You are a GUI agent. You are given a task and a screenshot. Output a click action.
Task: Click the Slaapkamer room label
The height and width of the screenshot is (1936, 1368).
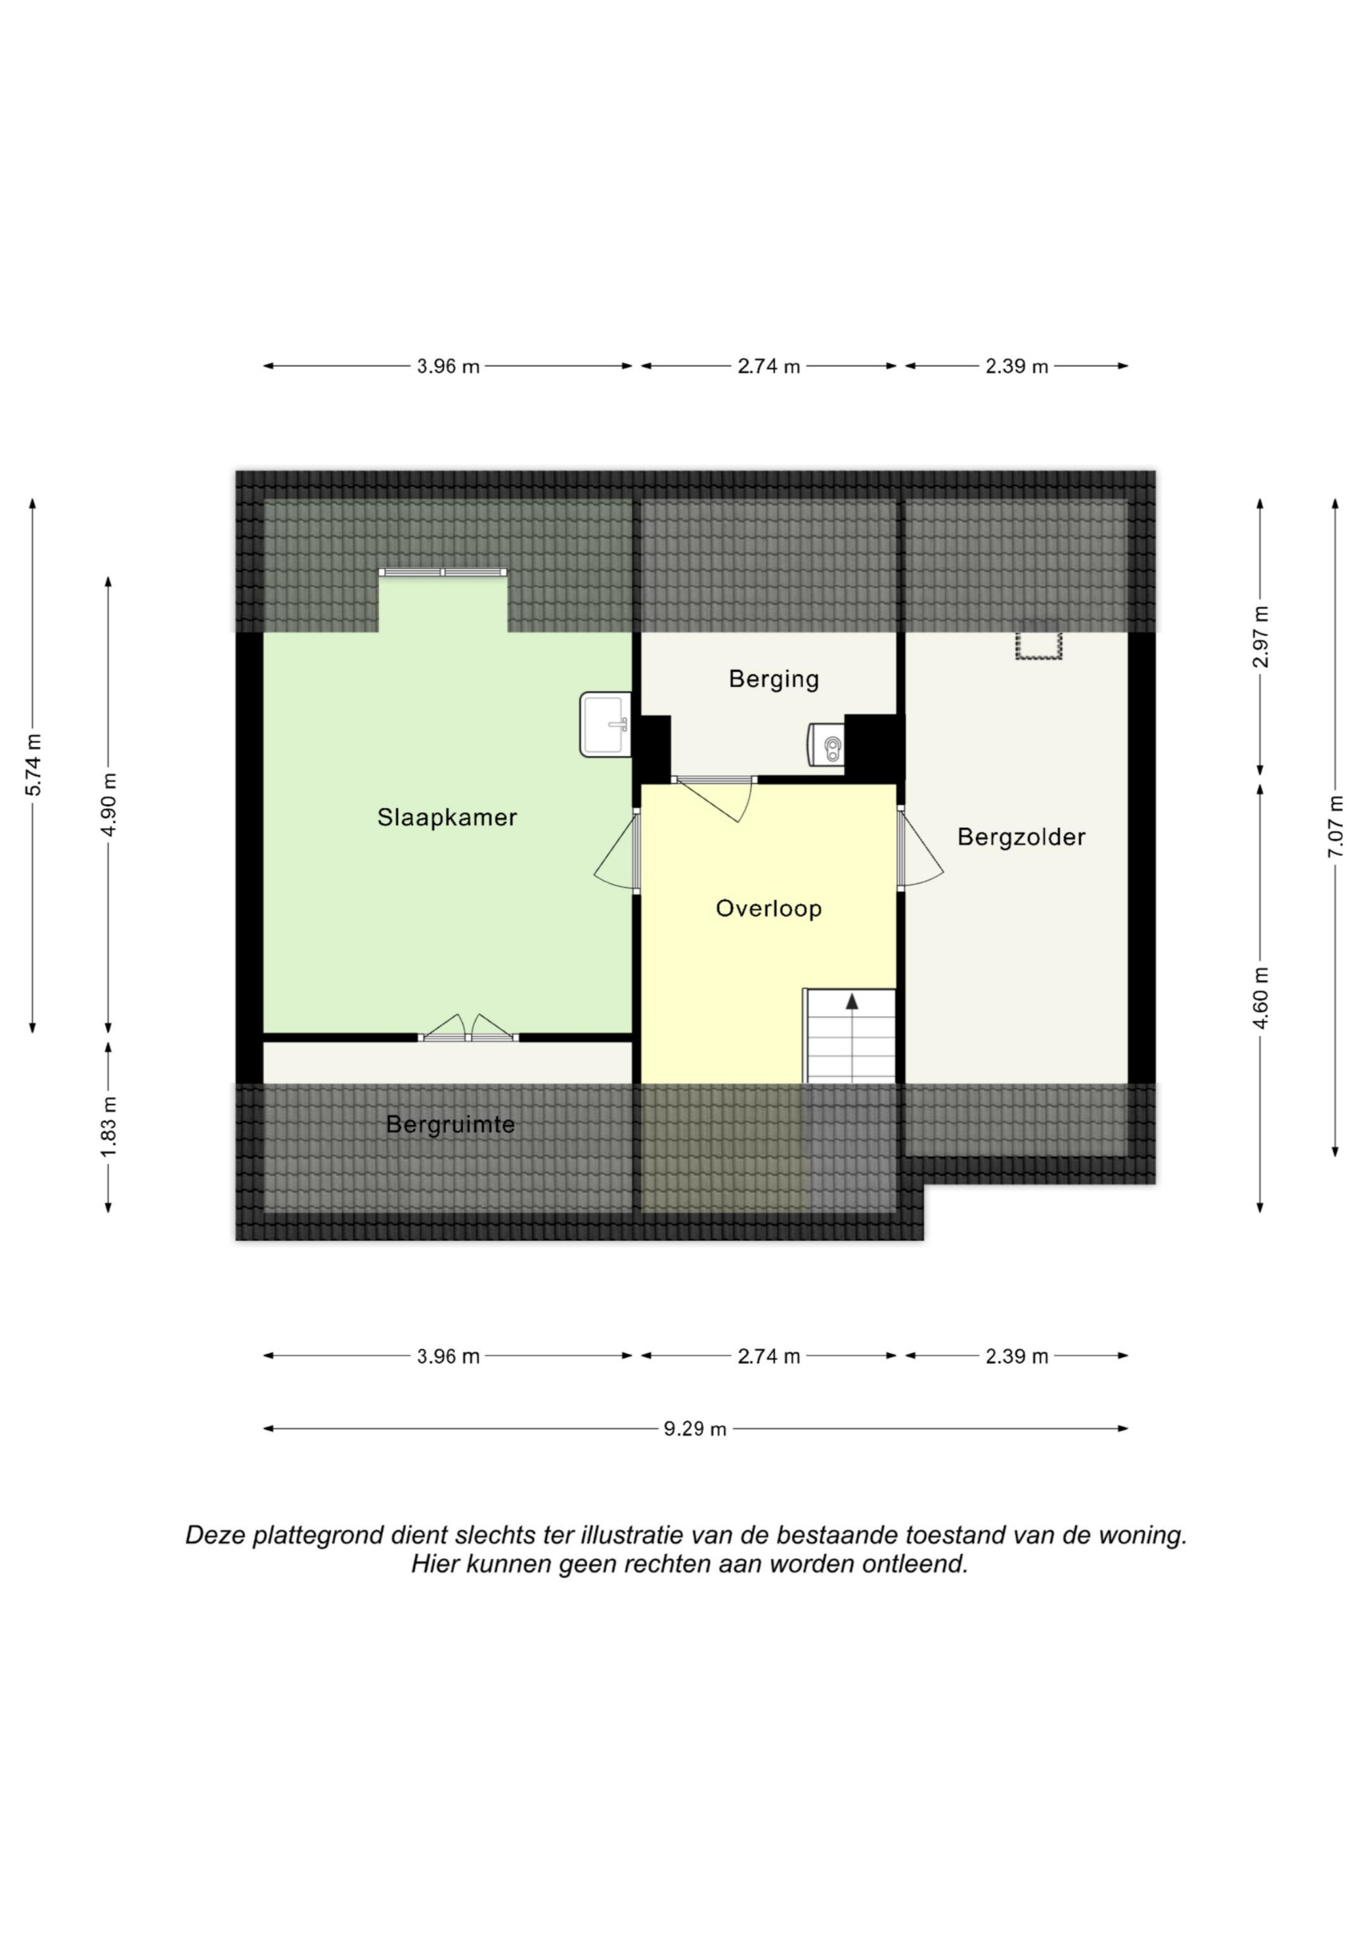pos(447,818)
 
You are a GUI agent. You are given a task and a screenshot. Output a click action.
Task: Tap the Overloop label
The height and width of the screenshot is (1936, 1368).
pos(768,908)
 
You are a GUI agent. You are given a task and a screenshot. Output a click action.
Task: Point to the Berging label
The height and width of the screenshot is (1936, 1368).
pos(774,679)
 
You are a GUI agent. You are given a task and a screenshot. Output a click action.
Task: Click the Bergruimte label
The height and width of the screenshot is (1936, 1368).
pos(450,1125)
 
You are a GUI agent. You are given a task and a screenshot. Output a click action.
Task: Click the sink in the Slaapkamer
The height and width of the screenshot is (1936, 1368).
pos(605,723)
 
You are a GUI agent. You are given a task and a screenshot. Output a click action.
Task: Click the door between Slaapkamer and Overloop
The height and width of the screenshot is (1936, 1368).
pos(617,850)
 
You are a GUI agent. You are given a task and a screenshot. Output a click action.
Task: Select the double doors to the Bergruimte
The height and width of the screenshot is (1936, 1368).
pos(468,1028)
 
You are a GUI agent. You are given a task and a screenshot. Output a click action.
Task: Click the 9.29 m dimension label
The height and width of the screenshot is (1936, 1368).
pos(694,1428)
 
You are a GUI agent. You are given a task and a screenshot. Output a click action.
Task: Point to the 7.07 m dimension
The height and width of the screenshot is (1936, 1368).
pos(1334,827)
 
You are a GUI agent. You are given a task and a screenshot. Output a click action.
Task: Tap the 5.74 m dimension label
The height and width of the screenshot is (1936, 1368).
pos(32,765)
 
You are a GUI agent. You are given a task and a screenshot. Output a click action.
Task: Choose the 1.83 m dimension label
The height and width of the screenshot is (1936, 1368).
pos(108,1127)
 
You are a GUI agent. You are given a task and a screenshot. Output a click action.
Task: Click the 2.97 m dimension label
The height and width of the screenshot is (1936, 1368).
pos(1260,636)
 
